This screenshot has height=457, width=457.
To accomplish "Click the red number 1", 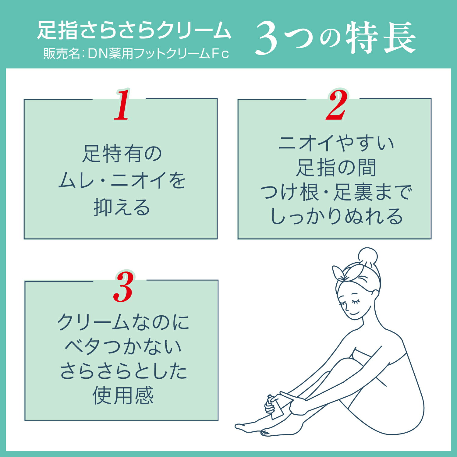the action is tap(122, 105).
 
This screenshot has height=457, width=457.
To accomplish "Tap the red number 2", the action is tap(336, 105).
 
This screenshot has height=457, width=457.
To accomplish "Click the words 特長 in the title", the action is tap(381, 38).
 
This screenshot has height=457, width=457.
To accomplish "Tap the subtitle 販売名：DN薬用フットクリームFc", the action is tap(136, 54).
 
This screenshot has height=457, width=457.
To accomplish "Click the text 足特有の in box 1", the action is tap(122, 154).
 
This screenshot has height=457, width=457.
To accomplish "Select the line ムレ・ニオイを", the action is tap(122, 180).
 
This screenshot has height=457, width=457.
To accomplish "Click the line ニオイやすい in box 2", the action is tap(336, 143).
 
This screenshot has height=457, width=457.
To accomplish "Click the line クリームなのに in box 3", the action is tap(123, 322).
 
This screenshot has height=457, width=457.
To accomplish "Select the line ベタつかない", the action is tap(123, 347).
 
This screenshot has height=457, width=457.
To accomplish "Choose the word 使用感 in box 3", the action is tap(123, 395).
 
